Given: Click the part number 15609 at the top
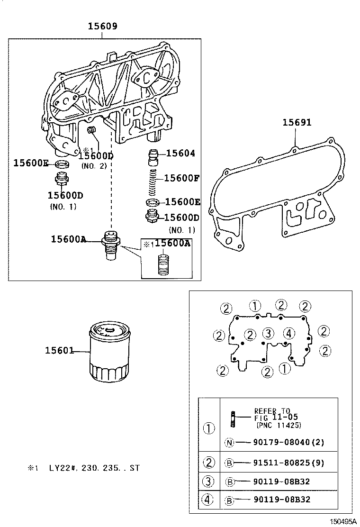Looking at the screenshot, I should point(102,27).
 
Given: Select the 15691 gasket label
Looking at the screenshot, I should point(297,122).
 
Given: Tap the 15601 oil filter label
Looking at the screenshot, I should point(59,351).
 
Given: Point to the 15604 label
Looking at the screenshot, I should point(180,153).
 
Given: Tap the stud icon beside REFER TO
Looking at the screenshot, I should point(234,417).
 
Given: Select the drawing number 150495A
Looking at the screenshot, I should point(343,521).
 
